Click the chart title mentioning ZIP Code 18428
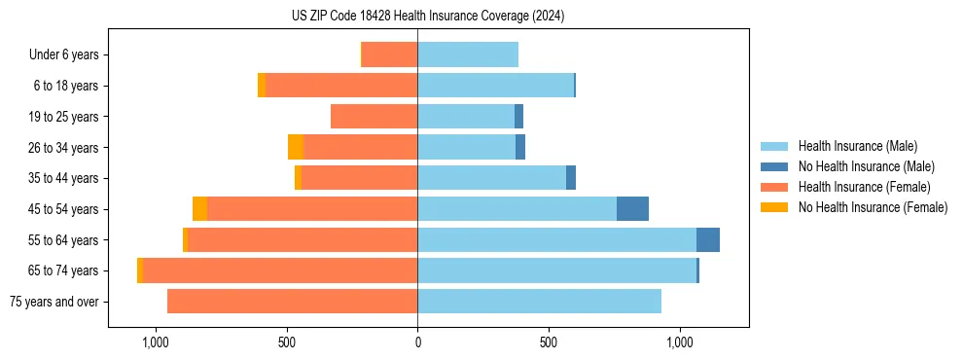[427, 17]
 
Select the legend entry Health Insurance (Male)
[852, 147]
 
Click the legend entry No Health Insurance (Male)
[859, 167]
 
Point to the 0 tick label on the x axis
[417, 342]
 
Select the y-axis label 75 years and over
[53, 302]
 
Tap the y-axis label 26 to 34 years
[63, 148]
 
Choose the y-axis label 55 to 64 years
[63, 240]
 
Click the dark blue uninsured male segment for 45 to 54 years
[632, 209]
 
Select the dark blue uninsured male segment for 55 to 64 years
[707, 240]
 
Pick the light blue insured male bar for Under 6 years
[468, 55]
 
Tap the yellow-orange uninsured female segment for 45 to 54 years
[199, 209]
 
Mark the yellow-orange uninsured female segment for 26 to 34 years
[295, 148]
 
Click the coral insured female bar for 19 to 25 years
[374, 117]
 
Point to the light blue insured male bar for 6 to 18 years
[495, 86]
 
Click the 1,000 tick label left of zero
[156, 342]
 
